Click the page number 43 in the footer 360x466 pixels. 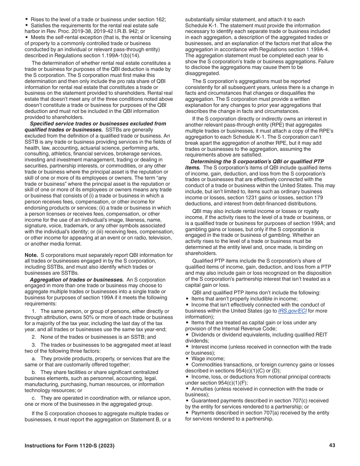click(x=332, y=446)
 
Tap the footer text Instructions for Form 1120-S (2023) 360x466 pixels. click(x=69, y=446)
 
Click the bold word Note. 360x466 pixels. click(x=31, y=255)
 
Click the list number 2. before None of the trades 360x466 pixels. click(x=34, y=337)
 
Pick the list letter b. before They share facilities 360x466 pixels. click(x=34, y=372)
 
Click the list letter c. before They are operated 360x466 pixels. click(x=34, y=398)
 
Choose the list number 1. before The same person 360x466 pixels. click(x=34, y=311)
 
